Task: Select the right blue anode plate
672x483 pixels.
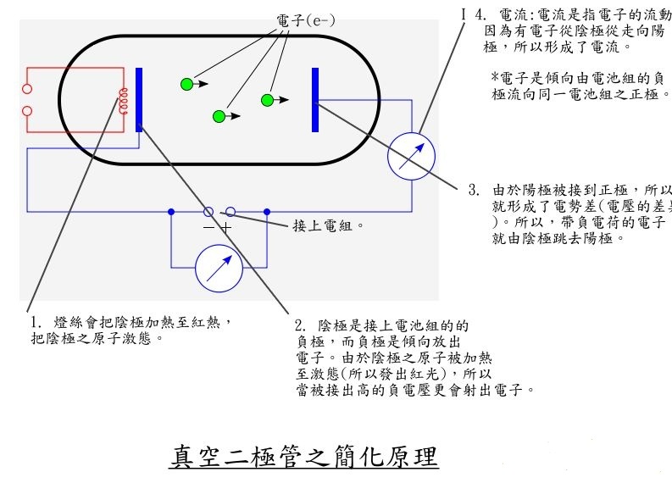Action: coord(315,99)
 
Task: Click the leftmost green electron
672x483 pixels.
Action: coord(186,83)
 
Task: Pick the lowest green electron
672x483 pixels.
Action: coord(219,116)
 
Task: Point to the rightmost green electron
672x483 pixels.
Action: coord(268,100)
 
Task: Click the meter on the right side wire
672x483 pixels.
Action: coord(411,156)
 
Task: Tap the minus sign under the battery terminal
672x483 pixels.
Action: coord(208,228)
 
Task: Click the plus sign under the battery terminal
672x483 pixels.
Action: coord(226,228)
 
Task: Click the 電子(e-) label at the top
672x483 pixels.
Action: coord(305,19)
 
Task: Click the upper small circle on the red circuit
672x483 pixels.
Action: coord(26,88)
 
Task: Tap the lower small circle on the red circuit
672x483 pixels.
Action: coord(26,110)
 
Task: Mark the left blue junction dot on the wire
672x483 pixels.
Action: coord(171,211)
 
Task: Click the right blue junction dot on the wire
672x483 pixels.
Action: coord(267,211)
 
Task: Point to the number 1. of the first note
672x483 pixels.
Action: coord(35,323)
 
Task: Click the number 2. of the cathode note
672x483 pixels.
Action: coord(300,325)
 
